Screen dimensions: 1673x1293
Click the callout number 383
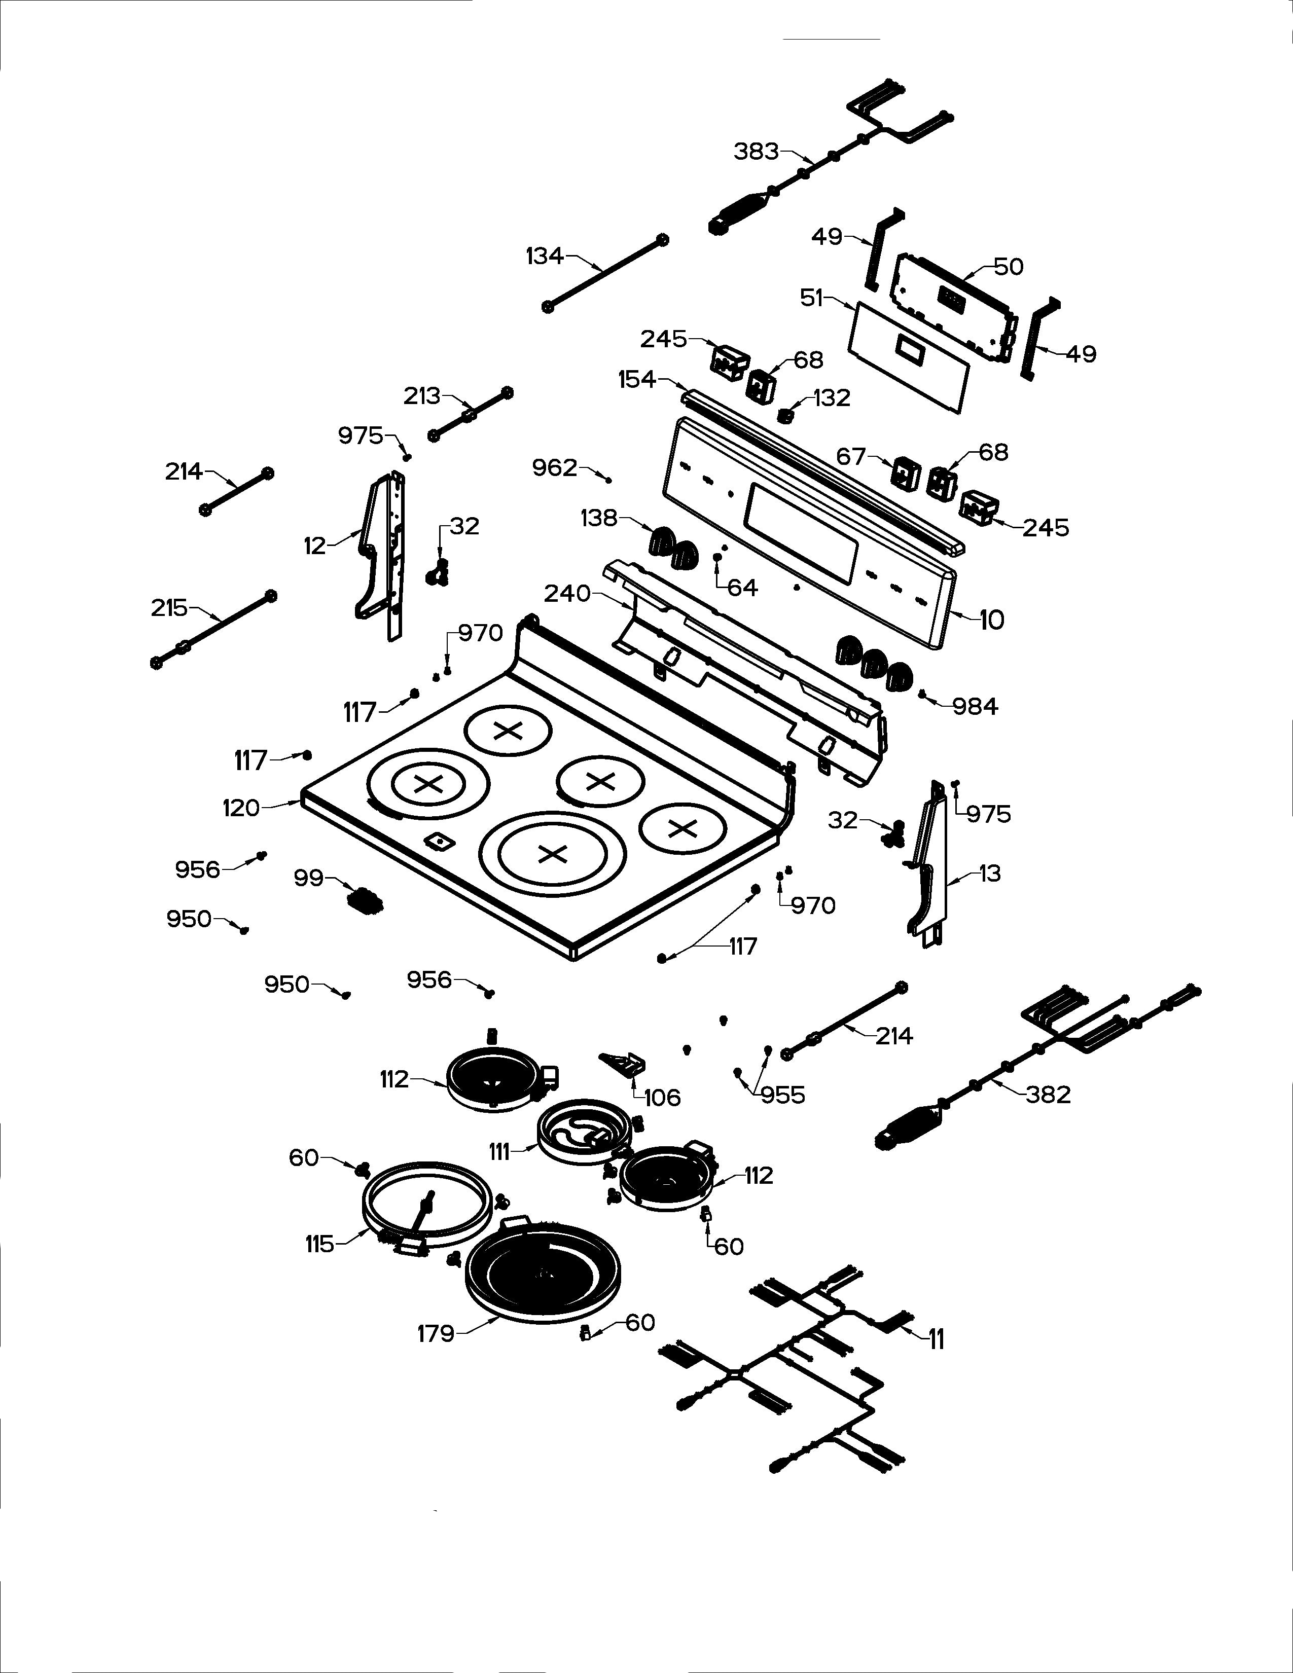pos(756,152)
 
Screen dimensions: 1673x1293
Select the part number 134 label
pos(544,256)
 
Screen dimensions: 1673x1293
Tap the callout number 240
pos(567,593)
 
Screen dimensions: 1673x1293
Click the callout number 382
pos(1048,1095)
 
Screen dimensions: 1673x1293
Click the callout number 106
pos(662,1098)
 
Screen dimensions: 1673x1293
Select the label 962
pos(555,467)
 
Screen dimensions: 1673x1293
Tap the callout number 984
pos(975,706)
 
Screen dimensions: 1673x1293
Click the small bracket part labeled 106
pos(622,1064)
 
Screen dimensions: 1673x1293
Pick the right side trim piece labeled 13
pos(929,865)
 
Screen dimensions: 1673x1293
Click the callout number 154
pos(637,379)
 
